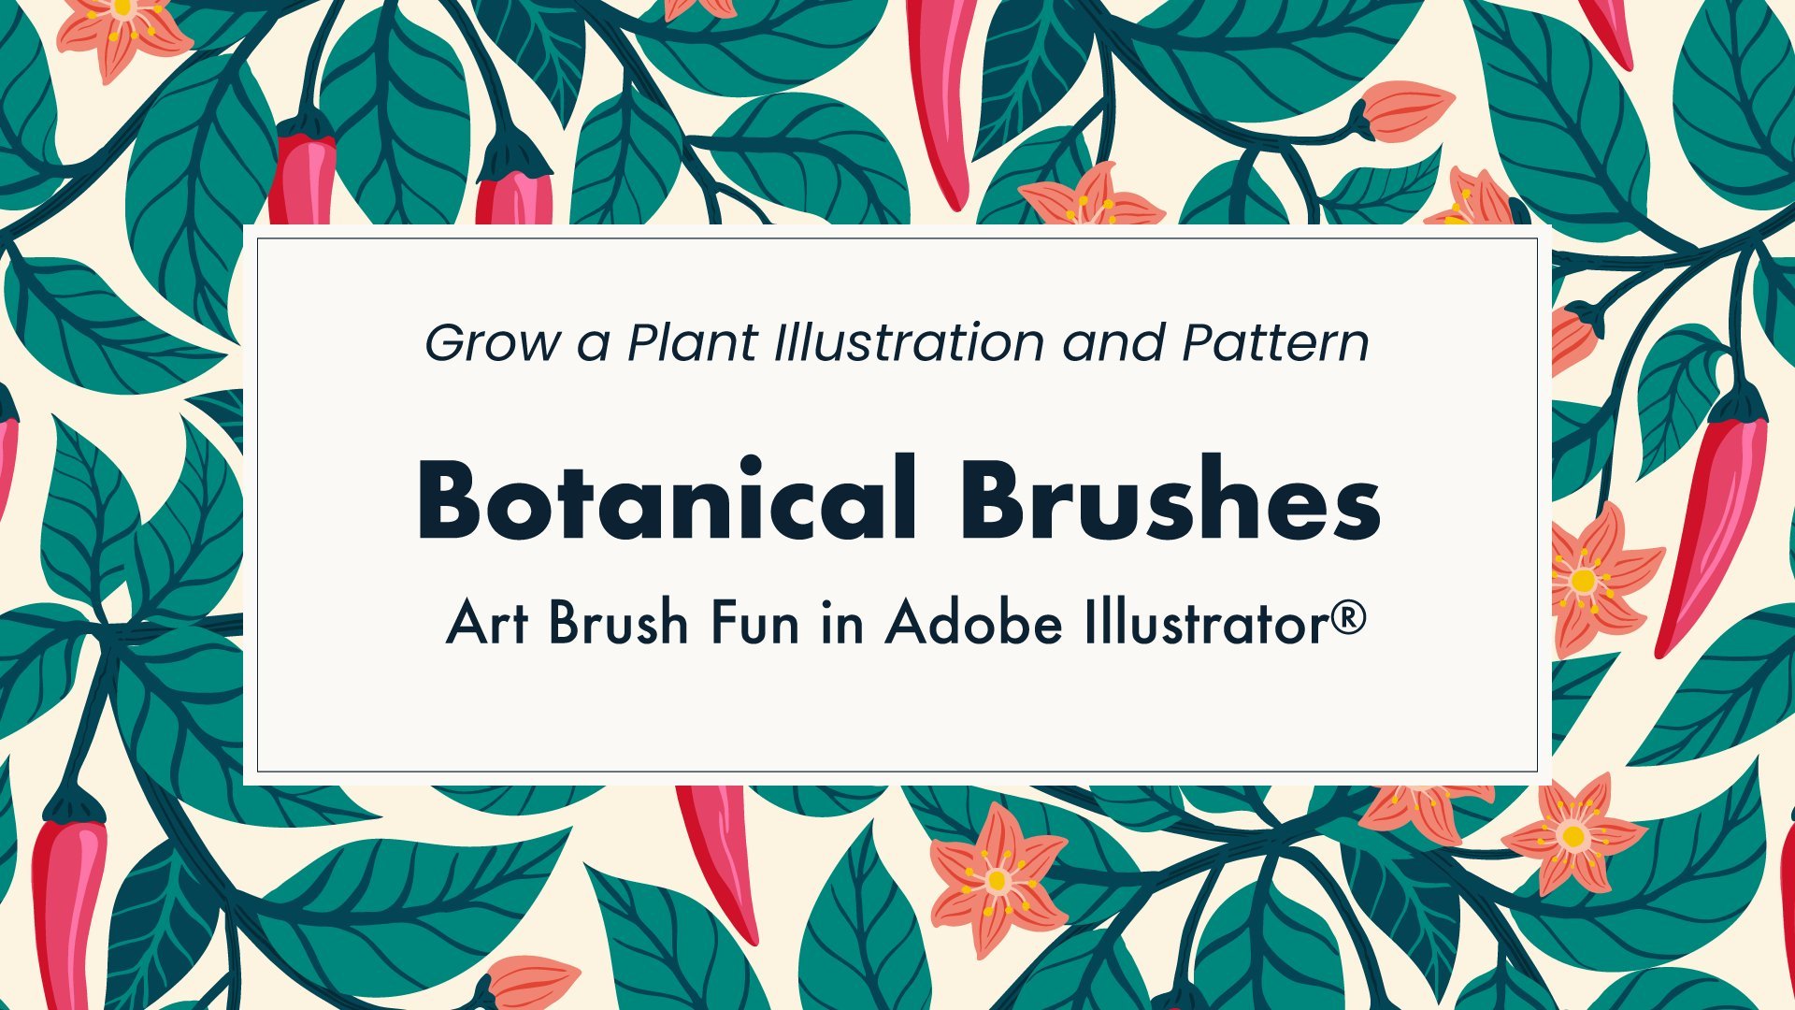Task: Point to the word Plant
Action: [691, 342]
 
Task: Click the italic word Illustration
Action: [909, 342]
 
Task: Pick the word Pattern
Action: [1275, 342]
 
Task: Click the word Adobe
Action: [973, 622]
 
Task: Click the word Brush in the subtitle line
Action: [618, 622]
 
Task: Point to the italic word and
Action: [1113, 342]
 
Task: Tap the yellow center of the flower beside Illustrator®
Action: [1582, 581]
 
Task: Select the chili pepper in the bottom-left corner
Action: [66, 898]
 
